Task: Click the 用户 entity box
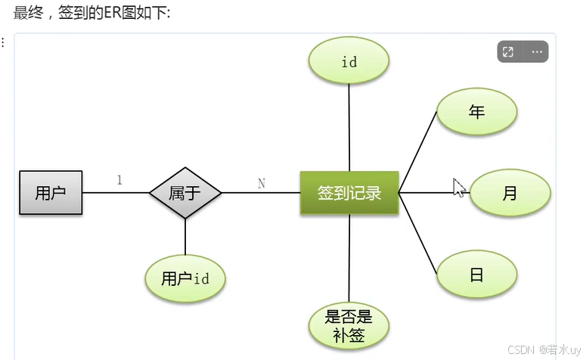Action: [x=51, y=193]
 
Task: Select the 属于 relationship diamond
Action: [x=185, y=193]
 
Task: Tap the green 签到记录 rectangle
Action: [x=349, y=193]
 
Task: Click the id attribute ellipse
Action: [x=349, y=62]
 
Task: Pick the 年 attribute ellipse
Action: [x=476, y=112]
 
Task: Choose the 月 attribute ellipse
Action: [x=510, y=194]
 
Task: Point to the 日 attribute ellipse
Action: [x=476, y=275]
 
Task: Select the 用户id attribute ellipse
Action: [x=185, y=278]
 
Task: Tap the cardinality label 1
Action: [x=119, y=180]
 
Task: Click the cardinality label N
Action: [x=262, y=183]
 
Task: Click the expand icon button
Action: [x=508, y=52]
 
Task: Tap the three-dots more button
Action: [x=537, y=52]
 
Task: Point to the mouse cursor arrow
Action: [x=457, y=187]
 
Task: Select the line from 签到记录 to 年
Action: [x=418, y=151]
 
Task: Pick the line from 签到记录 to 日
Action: [x=418, y=234]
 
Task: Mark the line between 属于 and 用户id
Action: [x=185, y=237]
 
